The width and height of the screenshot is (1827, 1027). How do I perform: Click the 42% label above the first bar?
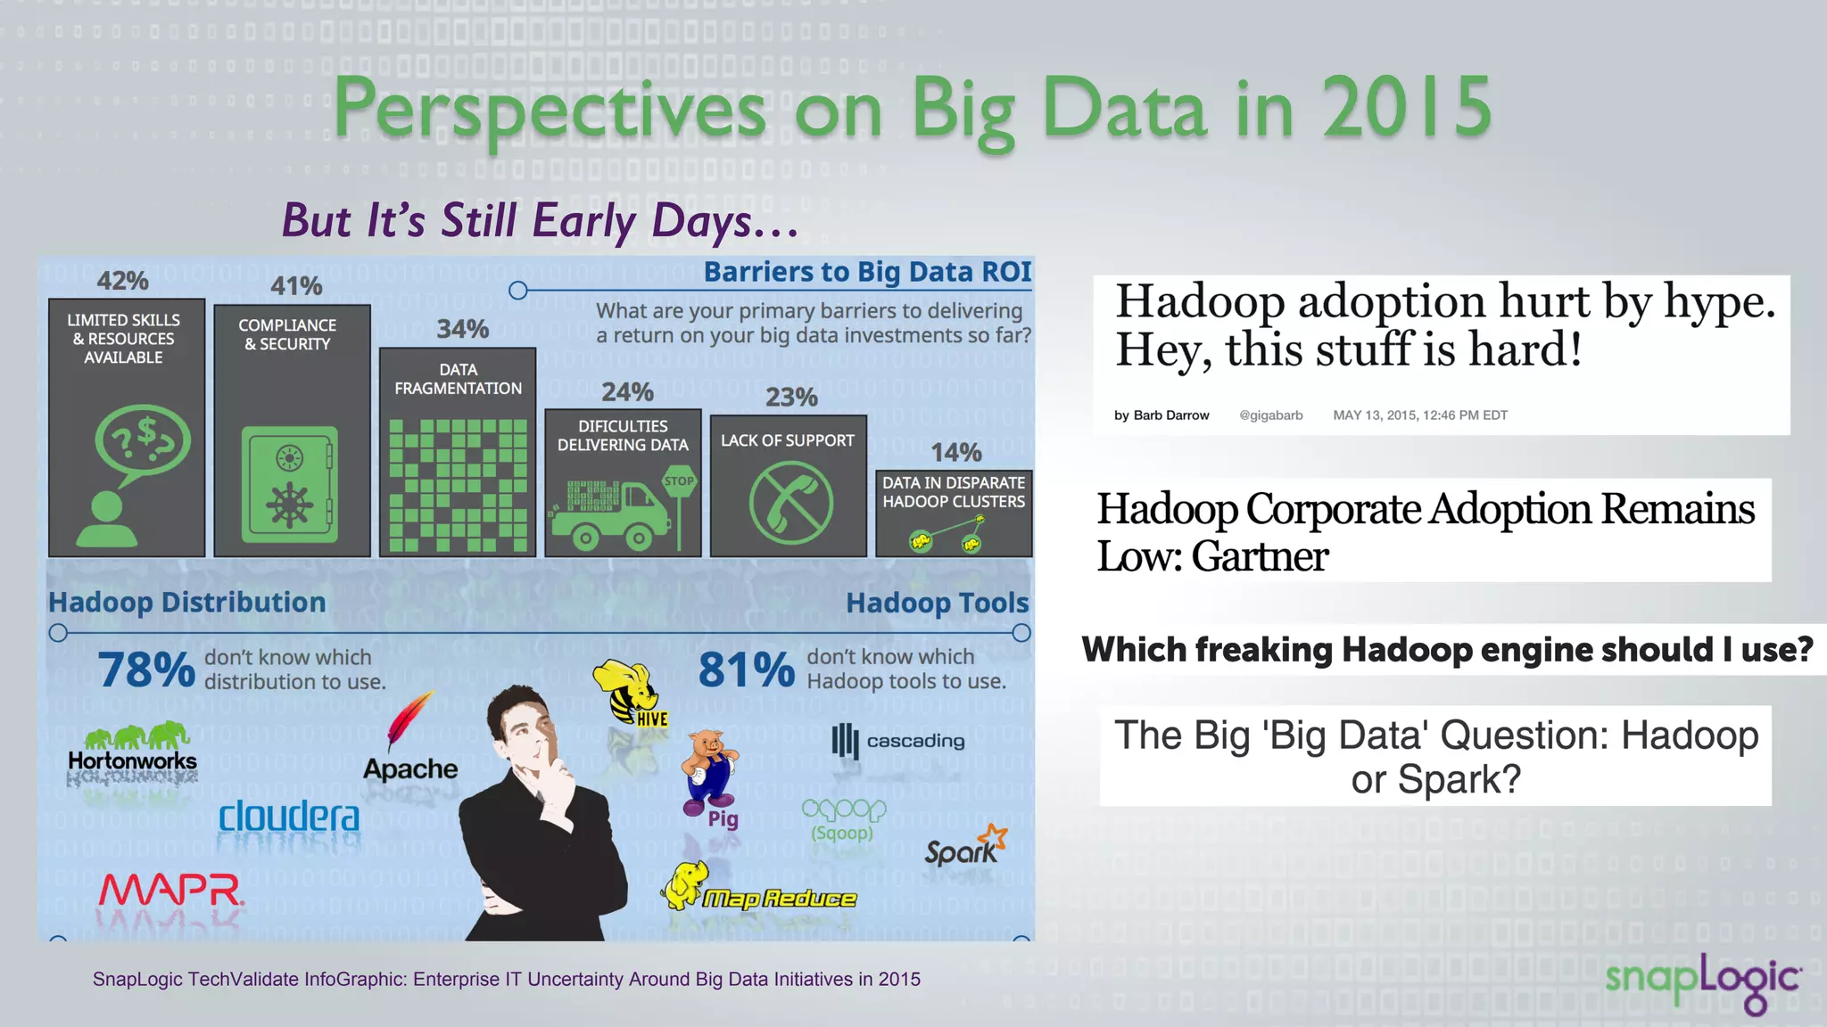(x=122, y=281)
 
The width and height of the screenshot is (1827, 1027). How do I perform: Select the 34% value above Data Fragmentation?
(x=462, y=329)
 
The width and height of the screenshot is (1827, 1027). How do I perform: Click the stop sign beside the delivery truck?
(x=679, y=481)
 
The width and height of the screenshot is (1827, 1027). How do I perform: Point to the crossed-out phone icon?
(x=790, y=502)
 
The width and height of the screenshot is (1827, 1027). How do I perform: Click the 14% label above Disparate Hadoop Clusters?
(x=955, y=453)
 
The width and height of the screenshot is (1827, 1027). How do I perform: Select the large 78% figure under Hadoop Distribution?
(x=146, y=670)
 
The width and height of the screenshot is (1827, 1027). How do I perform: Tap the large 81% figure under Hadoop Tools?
(x=746, y=670)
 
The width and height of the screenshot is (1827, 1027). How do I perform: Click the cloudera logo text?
(x=289, y=816)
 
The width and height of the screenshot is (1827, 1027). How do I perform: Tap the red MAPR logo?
(x=169, y=890)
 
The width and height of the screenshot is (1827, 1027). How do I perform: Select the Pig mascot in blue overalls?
(x=709, y=771)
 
